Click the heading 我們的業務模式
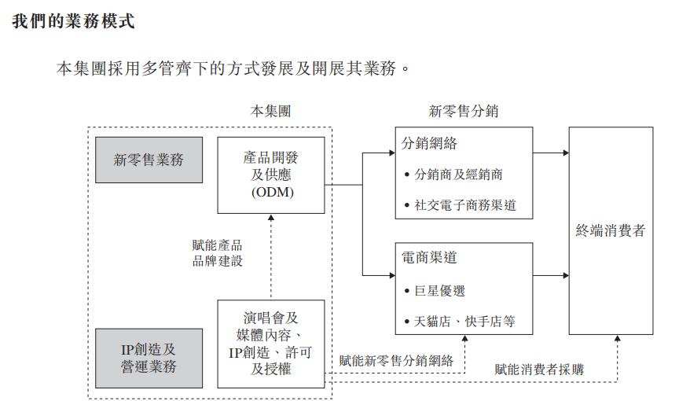point(74,21)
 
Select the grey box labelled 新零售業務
point(149,160)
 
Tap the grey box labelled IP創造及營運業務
point(149,356)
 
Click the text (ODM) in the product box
point(271,193)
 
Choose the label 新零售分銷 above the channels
point(463,111)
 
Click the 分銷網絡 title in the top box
point(429,144)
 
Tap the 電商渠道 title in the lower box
point(429,258)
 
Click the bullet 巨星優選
point(439,290)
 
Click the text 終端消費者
point(611,230)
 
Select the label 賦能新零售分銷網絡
point(396,361)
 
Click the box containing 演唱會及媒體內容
point(271,343)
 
